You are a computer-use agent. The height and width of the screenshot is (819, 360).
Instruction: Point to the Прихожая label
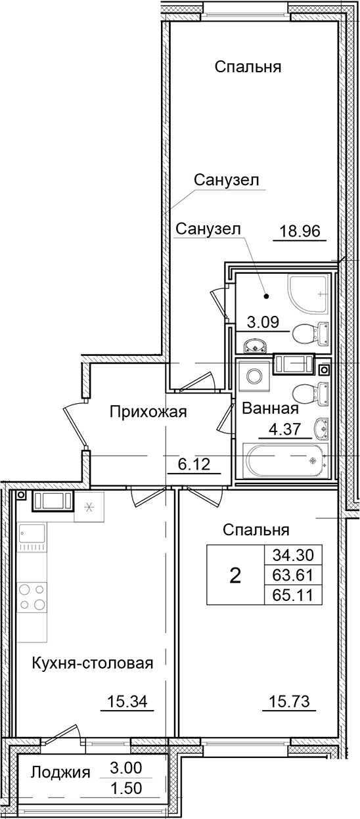148,412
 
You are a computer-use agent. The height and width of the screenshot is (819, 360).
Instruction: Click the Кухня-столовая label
92,663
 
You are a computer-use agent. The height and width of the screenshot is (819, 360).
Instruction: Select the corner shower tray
307,294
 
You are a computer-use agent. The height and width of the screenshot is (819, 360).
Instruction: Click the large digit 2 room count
235,576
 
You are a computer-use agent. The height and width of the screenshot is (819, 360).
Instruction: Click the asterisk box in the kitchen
89,507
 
